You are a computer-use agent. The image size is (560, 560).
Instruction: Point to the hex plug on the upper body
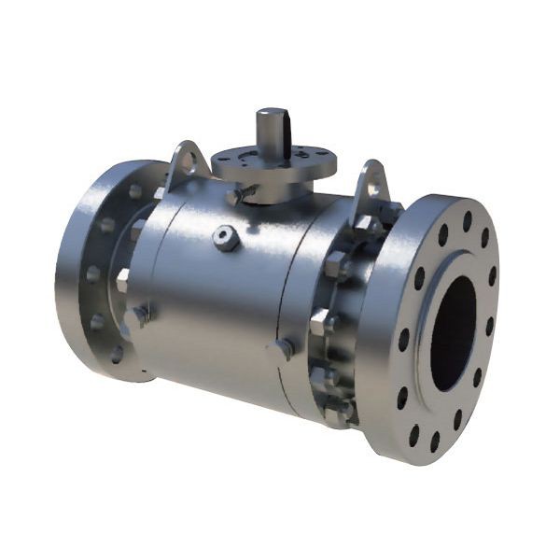coord(224,238)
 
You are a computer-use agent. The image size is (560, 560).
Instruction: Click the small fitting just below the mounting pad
coord(235,196)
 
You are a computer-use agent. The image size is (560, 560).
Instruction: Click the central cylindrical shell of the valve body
coord(224,299)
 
